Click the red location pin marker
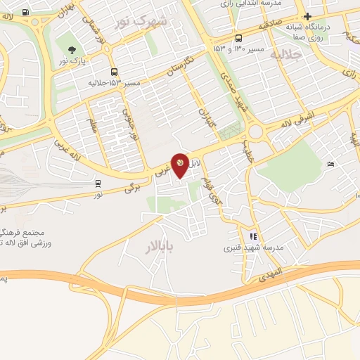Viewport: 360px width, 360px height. [180, 165]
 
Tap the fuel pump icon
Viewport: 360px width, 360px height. [26, 12]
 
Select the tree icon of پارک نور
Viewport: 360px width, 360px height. [72, 49]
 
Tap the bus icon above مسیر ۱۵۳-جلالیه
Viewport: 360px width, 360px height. [114, 72]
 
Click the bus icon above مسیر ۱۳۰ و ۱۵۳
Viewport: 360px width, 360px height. [240, 39]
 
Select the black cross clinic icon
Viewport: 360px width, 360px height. [307, 16]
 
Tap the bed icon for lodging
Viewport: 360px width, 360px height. [331, 164]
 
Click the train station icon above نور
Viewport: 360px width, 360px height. [98, 183]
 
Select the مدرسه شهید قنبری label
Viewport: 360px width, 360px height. [253, 247]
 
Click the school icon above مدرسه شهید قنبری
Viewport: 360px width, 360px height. [254, 236]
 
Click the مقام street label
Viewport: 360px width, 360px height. [93, 126]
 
